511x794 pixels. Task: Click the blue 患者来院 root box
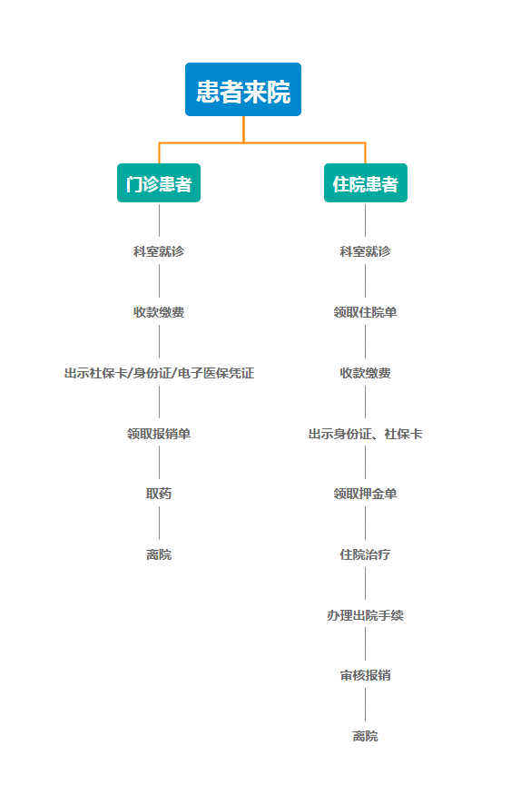pyautogui.click(x=243, y=90)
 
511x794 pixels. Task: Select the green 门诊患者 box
pyautogui.click(x=159, y=182)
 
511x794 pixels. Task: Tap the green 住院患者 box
pyautogui.click(x=366, y=182)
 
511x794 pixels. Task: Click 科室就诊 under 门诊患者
pyautogui.click(x=159, y=251)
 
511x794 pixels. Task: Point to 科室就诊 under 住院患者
pyautogui.click(x=365, y=251)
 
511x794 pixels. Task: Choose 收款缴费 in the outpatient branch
pyautogui.click(x=159, y=312)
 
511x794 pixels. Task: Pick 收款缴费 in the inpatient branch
pyautogui.click(x=365, y=373)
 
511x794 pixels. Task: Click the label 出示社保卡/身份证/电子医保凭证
pyautogui.click(x=159, y=373)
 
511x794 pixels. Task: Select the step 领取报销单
pyautogui.click(x=159, y=434)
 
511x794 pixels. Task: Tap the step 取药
pyautogui.click(x=159, y=494)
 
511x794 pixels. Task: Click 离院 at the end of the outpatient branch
pyautogui.click(x=159, y=554)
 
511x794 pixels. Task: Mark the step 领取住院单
pyautogui.click(x=365, y=312)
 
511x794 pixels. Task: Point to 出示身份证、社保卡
pyautogui.click(x=365, y=434)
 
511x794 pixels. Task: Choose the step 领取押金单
pyautogui.click(x=365, y=494)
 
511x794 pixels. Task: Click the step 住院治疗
pyautogui.click(x=365, y=554)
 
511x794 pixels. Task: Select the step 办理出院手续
pyautogui.click(x=365, y=615)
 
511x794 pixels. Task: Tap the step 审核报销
pyautogui.click(x=365, y=675)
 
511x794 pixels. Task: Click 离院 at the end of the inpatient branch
pyautogui.click(x=365, y=736)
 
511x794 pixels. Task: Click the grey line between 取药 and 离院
pyautogui.click(x=159, y=523)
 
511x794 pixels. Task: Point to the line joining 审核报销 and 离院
pyautogui.click(x=365, y=704)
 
